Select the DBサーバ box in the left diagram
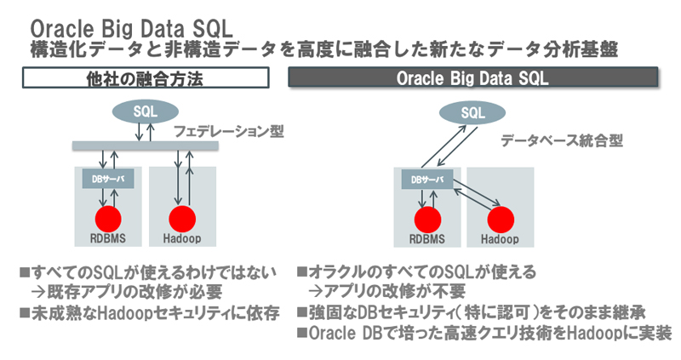pyautogui.click(x=106, y=180)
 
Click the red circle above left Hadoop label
pyautogui.click(x=182, y=218)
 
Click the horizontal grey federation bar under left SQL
pyautogui.click(x=145, y=146)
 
